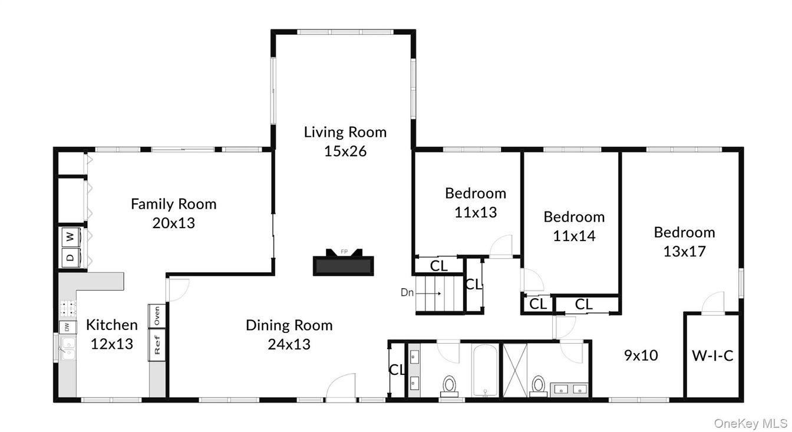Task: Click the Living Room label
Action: (345, 132)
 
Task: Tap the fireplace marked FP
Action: (344, 263)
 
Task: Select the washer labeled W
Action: (70, 237)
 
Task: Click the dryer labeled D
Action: (70, 257)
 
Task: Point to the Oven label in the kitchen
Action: (157, 315)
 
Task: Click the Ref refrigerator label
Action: (157, 344)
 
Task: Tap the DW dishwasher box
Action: (67, 327)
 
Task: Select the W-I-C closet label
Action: (712, 356)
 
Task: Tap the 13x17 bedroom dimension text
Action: (684, 251)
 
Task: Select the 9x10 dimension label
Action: (641, 355)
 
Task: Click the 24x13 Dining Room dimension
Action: (289, 344)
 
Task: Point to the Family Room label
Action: (173, 204)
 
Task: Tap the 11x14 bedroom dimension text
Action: (574, 236)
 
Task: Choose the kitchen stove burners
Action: (65, 307)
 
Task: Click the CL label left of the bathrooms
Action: (397, 370)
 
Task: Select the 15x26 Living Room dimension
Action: (345, 151)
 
